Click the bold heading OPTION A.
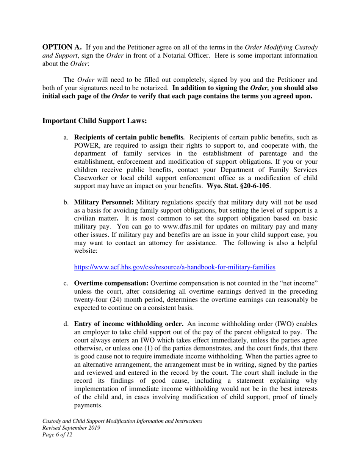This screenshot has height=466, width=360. click(x=62, y=47)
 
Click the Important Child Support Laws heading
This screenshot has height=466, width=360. click(x=94, y=121)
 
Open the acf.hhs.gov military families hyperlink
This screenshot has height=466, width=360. click(x=174, y=267)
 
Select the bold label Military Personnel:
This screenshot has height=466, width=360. click(x=103, y=202)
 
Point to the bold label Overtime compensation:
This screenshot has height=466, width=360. click(x=111, y=283)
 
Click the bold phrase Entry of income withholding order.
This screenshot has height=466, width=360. click(x=129, y=324)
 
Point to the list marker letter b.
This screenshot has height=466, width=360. click(x=66, y=202)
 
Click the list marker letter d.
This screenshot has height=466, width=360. click(x=66, y=324)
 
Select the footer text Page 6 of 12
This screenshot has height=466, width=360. click(x=57, y=435)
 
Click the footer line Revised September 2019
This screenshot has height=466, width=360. click(x=71, y=428)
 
